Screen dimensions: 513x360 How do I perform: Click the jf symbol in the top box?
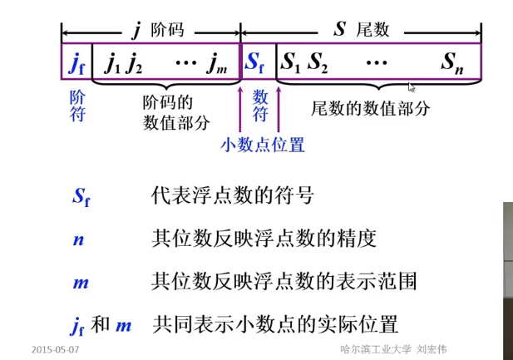tap(76, 62)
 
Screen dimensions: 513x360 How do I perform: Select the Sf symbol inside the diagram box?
tap(254, 62)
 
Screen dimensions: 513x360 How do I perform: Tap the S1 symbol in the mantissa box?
tap(290, 62)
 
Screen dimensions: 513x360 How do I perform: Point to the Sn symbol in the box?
tap(452, 63)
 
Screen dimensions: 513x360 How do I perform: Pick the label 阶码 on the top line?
tap(166, 30)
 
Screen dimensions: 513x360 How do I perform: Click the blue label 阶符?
tap(76, 106)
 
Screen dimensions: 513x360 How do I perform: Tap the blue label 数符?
tap(260, 106)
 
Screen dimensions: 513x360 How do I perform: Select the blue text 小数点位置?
tap(263, 145)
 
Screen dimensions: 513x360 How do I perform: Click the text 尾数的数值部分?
tap(371, 109)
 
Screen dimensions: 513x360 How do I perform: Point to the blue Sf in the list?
tap(81, 197)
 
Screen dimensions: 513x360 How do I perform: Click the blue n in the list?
tap(78, 239)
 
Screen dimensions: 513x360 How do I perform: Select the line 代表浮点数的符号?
tap(233, 196)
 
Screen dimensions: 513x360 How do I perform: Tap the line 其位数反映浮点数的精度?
tap(264, 239)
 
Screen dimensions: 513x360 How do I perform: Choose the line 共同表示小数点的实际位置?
tap(275, 323)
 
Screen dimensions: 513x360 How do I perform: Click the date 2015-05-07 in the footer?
tap(55, 349)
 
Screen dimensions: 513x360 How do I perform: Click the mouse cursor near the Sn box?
tap(412, 86)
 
